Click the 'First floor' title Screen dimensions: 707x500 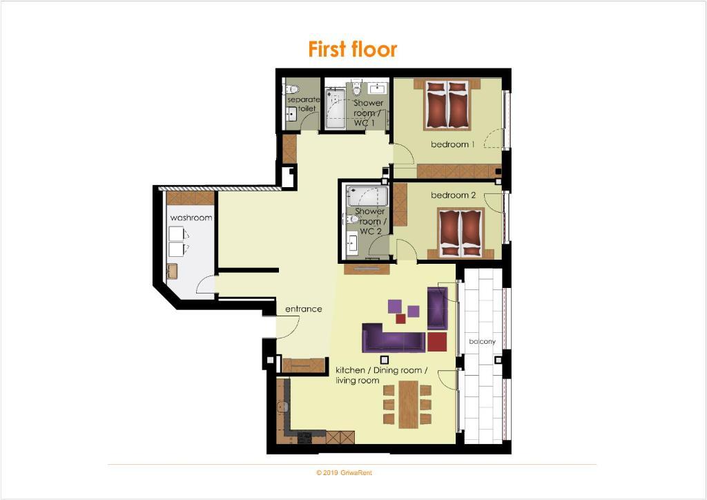[353, 49]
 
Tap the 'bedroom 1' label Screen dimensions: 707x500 [453, 144]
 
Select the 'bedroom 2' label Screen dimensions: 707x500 [453, 195]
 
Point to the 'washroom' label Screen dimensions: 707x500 [191, 218]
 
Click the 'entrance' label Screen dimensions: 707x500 [304, 309]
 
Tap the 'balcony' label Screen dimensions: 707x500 [482, 341]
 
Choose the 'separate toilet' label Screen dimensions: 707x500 [304, 104]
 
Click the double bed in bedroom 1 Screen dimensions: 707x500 [447, 104]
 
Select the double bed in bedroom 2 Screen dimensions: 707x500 [460, 233]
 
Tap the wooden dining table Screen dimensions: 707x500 [408, 404]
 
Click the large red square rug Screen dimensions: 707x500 [437, 341]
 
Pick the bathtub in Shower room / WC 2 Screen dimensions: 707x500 [367, 195]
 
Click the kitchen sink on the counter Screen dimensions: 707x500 [282, 407]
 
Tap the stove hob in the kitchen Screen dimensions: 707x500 [304, 436]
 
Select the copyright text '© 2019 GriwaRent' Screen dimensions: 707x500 [344, 473]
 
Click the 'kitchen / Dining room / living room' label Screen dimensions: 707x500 [381, 375]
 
